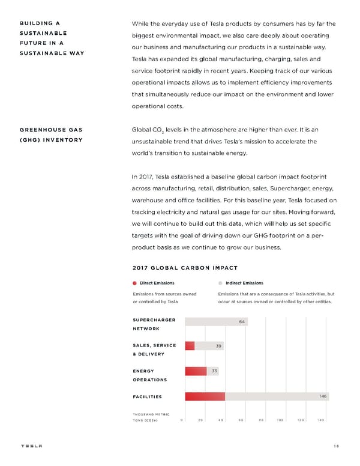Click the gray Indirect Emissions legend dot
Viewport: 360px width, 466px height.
pyautogui.click(x=220, y=283)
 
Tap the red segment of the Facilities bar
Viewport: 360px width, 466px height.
pyautogui.click(x=205, y=396)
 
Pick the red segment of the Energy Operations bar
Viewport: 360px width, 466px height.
pyautogui.click(x=196, y=371)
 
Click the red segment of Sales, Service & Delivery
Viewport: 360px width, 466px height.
pyautogui.click(x=190, y=345)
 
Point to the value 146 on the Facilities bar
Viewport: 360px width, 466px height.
pyautogui.click(x=323, y=396)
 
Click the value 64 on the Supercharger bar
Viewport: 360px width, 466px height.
pyautogui.click(x=241, y=322)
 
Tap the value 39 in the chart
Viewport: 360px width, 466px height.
pyautogui.click(x=219, y=346)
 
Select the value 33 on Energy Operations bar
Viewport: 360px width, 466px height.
pyautogui.click(x=214, y=371)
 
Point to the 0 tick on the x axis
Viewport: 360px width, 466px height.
pyautogui.click(x=182, y=420)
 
